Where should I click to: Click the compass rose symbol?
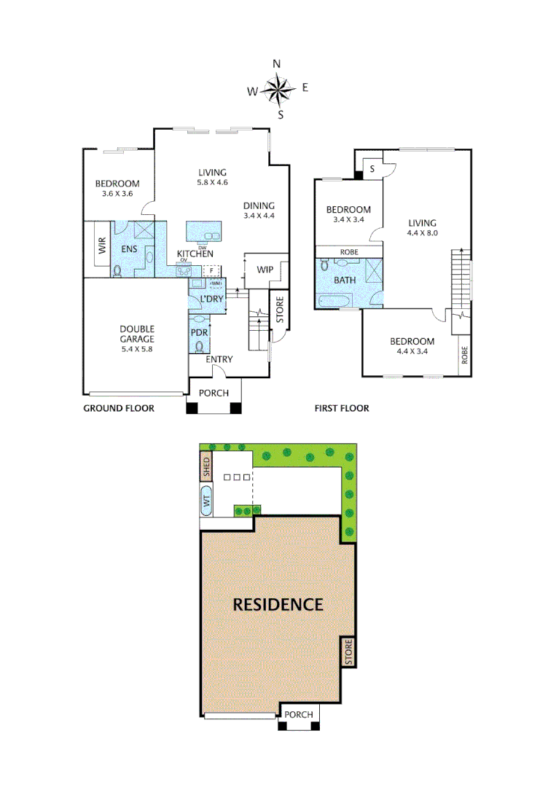(278, 90)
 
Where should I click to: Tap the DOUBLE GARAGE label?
(137, 334)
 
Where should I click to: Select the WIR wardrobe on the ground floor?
(102, 246)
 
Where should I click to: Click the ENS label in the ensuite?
(129, 249)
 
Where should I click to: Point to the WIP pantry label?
(265, 270)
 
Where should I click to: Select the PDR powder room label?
(200, 332)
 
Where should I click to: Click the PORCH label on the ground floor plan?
(214, 393)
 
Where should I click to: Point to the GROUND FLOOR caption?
(118, 408)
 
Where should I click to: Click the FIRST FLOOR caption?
(342, 408)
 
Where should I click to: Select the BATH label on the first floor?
(345, 280)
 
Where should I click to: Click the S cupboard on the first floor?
(372, 169)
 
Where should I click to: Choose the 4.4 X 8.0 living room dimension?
(421, 234)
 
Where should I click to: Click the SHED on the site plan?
(206, 466)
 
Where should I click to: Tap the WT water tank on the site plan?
(206, 501)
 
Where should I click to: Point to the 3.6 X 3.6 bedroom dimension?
(117, 195)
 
